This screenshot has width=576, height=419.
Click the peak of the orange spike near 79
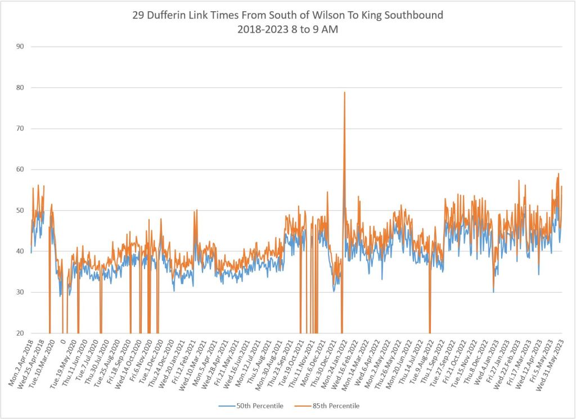(x=344, y=92)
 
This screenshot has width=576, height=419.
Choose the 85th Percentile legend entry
(x=336, y=405)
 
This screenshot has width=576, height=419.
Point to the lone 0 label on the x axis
(x=64, y=341)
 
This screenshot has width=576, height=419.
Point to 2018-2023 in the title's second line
(x=262, y=30)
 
